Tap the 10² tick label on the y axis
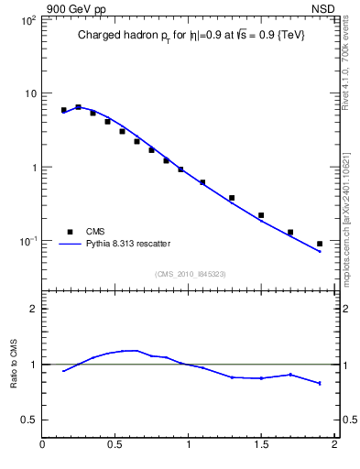(27, 20)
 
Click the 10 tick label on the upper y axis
(29, 93)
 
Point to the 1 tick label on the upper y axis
(33, 168)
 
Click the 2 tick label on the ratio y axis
(33, 309)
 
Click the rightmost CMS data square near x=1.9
(320, 244)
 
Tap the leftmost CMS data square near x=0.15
(64, 110)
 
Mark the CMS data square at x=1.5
(261, 215)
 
